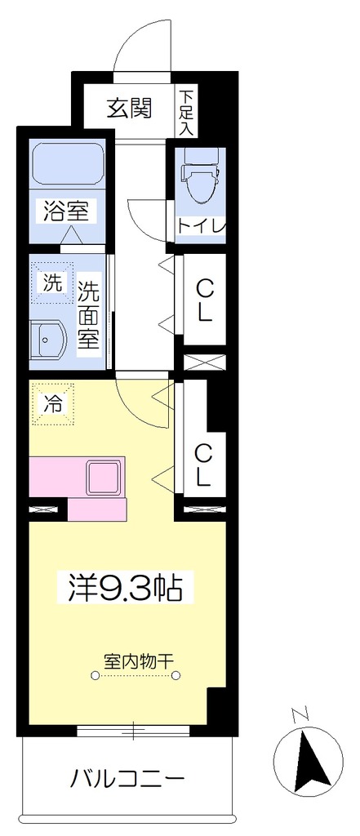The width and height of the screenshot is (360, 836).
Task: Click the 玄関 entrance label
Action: coord(130,108)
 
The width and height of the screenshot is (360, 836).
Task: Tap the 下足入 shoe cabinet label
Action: coord(187,112)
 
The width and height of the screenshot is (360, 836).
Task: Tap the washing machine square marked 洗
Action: coord(52,283)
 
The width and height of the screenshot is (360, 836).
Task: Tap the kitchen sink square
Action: coord(105,477)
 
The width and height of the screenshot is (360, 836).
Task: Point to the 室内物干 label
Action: coord(136,659)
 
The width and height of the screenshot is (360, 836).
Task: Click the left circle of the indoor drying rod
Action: coord(96,675)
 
